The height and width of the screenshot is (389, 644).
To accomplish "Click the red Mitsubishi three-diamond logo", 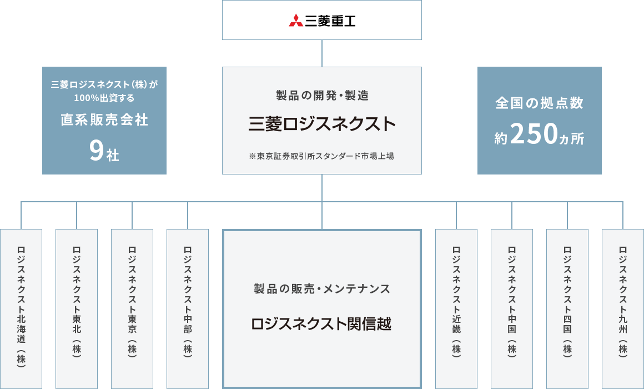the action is [x=296, y=20].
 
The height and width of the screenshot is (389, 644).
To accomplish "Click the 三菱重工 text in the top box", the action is [x=330, y=21].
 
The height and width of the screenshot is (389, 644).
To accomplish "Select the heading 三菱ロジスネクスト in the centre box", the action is [x=322, y=124].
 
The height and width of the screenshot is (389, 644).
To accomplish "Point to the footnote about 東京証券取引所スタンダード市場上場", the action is [x=321, y=156].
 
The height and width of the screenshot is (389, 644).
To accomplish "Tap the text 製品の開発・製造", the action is [x=323, y=96].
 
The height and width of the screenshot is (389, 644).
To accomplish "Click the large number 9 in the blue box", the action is [x=96, y=151].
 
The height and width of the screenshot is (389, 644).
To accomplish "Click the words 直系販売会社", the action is [x=104, y=119].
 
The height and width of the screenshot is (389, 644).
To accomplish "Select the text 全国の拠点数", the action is [x=539, y=103].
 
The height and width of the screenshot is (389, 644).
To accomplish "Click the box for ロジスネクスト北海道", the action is [x=21, y=309].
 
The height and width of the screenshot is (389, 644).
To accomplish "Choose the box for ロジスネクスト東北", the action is [x=77, y=309].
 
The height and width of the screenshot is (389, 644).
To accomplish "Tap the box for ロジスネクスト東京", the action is [x=132, y=309].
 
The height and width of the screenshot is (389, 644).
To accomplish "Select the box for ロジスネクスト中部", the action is [x=188, y=309].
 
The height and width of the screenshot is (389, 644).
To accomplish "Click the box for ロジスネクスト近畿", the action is [x=456, y=309].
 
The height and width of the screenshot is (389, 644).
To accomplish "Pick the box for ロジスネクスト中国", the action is [x=512, y=309].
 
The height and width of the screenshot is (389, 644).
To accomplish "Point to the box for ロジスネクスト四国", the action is [x=567, y=309].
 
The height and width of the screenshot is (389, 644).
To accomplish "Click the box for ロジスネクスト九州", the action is [x=623, y=309].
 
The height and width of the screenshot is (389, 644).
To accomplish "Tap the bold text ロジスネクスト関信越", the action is [x=321, y=323].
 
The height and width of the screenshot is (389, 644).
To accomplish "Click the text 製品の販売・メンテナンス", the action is [x=322, y=288].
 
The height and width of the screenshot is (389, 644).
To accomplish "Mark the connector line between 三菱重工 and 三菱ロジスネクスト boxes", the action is [x=322, y=53].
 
